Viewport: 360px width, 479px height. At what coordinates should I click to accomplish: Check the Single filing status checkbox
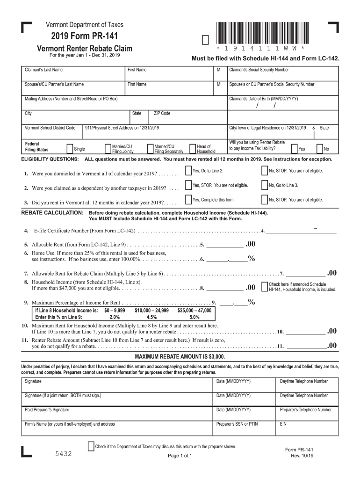click(70, 149)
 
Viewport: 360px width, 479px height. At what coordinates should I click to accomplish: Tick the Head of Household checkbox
click(192, 149)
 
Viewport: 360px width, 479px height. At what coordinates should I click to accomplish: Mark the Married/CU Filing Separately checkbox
click(150, 149)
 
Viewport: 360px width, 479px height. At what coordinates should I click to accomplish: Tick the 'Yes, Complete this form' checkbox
click(188, 200)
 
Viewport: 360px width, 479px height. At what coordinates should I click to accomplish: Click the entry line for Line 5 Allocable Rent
click(224, 244)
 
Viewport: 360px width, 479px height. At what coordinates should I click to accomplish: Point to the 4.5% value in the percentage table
click(151, 317)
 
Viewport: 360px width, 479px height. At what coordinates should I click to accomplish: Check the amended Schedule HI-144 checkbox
click(265, 286)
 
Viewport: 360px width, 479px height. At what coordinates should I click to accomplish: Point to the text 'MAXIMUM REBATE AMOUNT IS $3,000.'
click(180, 356)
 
